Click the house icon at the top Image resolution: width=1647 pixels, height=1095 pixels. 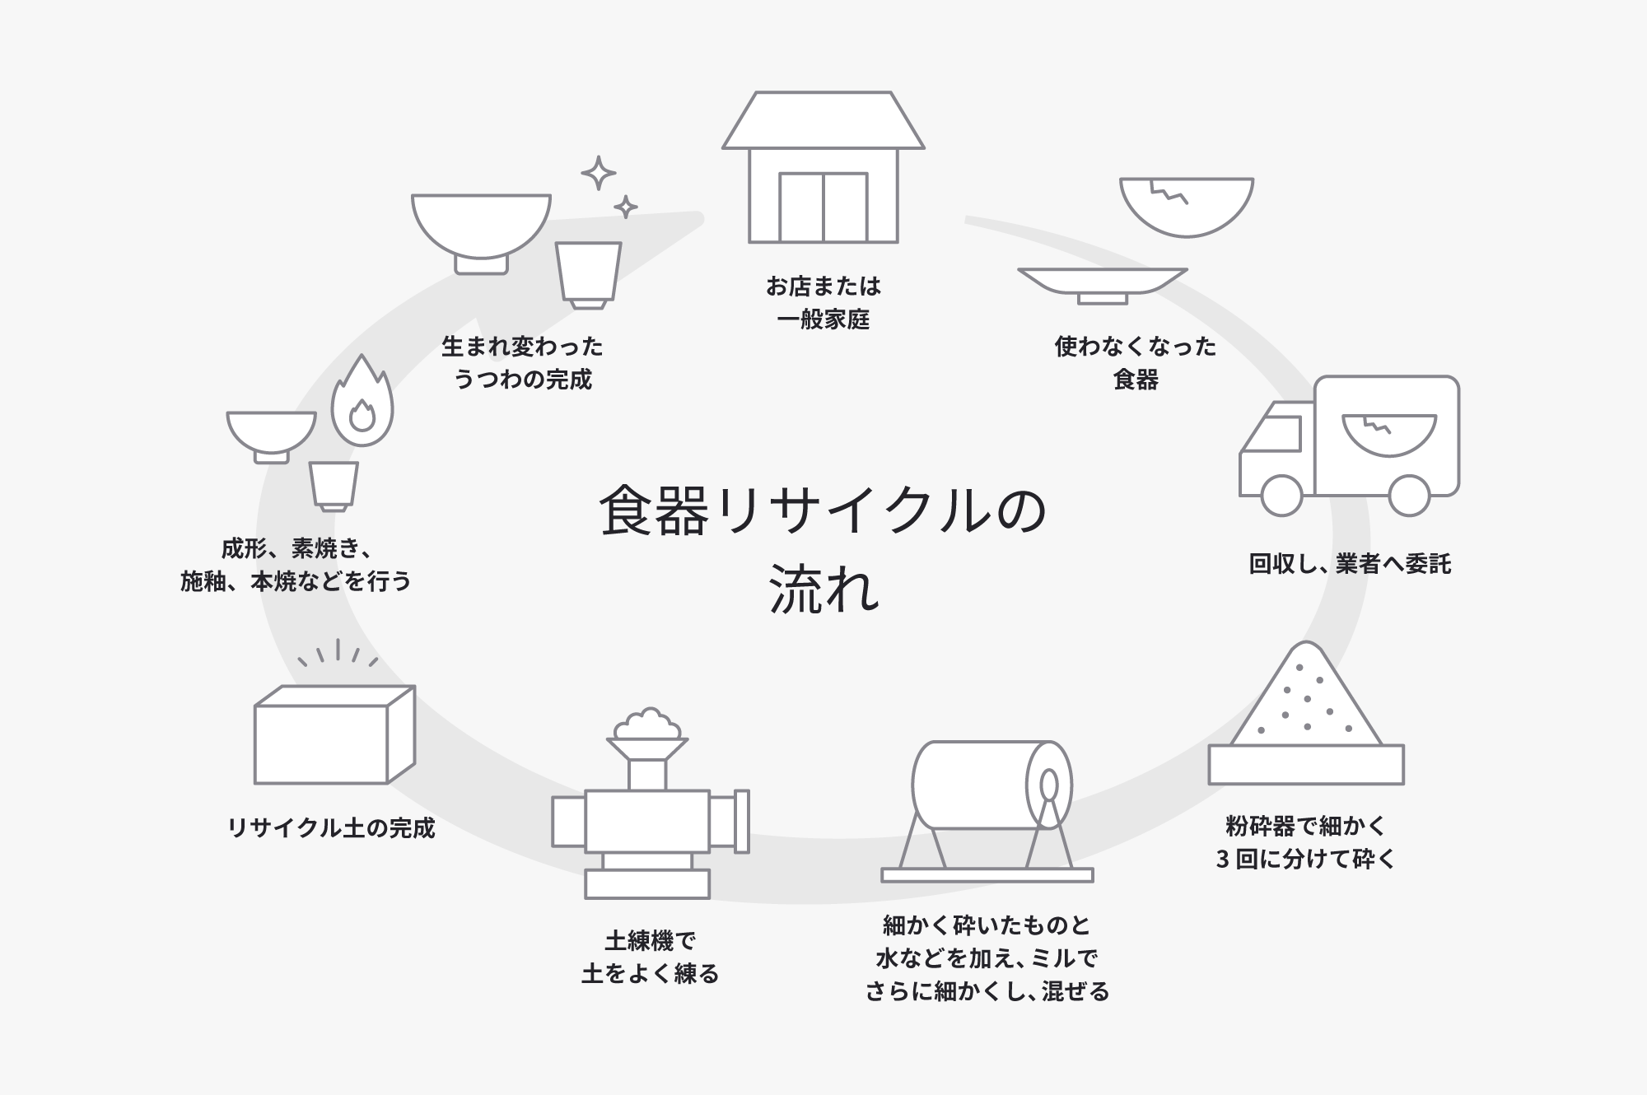point(823,169)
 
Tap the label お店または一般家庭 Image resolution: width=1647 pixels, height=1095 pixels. point(823,303)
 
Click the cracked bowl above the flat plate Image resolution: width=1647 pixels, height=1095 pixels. point(1186,206)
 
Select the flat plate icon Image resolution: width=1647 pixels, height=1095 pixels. point(1102,283)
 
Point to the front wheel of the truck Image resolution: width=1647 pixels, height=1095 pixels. point(1281,495)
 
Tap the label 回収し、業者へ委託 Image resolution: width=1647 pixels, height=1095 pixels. point(1350,564)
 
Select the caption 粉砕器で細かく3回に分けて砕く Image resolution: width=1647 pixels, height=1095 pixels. point(1306,842)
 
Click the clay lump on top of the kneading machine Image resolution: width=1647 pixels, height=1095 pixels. point(648,724)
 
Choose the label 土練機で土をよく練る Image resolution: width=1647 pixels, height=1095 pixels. point(651,958)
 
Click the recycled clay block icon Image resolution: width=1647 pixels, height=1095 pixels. point(334,734)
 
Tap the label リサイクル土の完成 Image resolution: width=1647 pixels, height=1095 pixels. point(331,828)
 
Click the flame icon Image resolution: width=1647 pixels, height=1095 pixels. point(362,404)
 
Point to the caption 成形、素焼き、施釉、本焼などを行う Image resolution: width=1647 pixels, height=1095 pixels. point(296,565)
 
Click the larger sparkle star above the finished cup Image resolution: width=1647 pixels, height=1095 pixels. point(599,174)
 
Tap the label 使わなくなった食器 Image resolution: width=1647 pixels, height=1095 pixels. point(1136,363)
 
